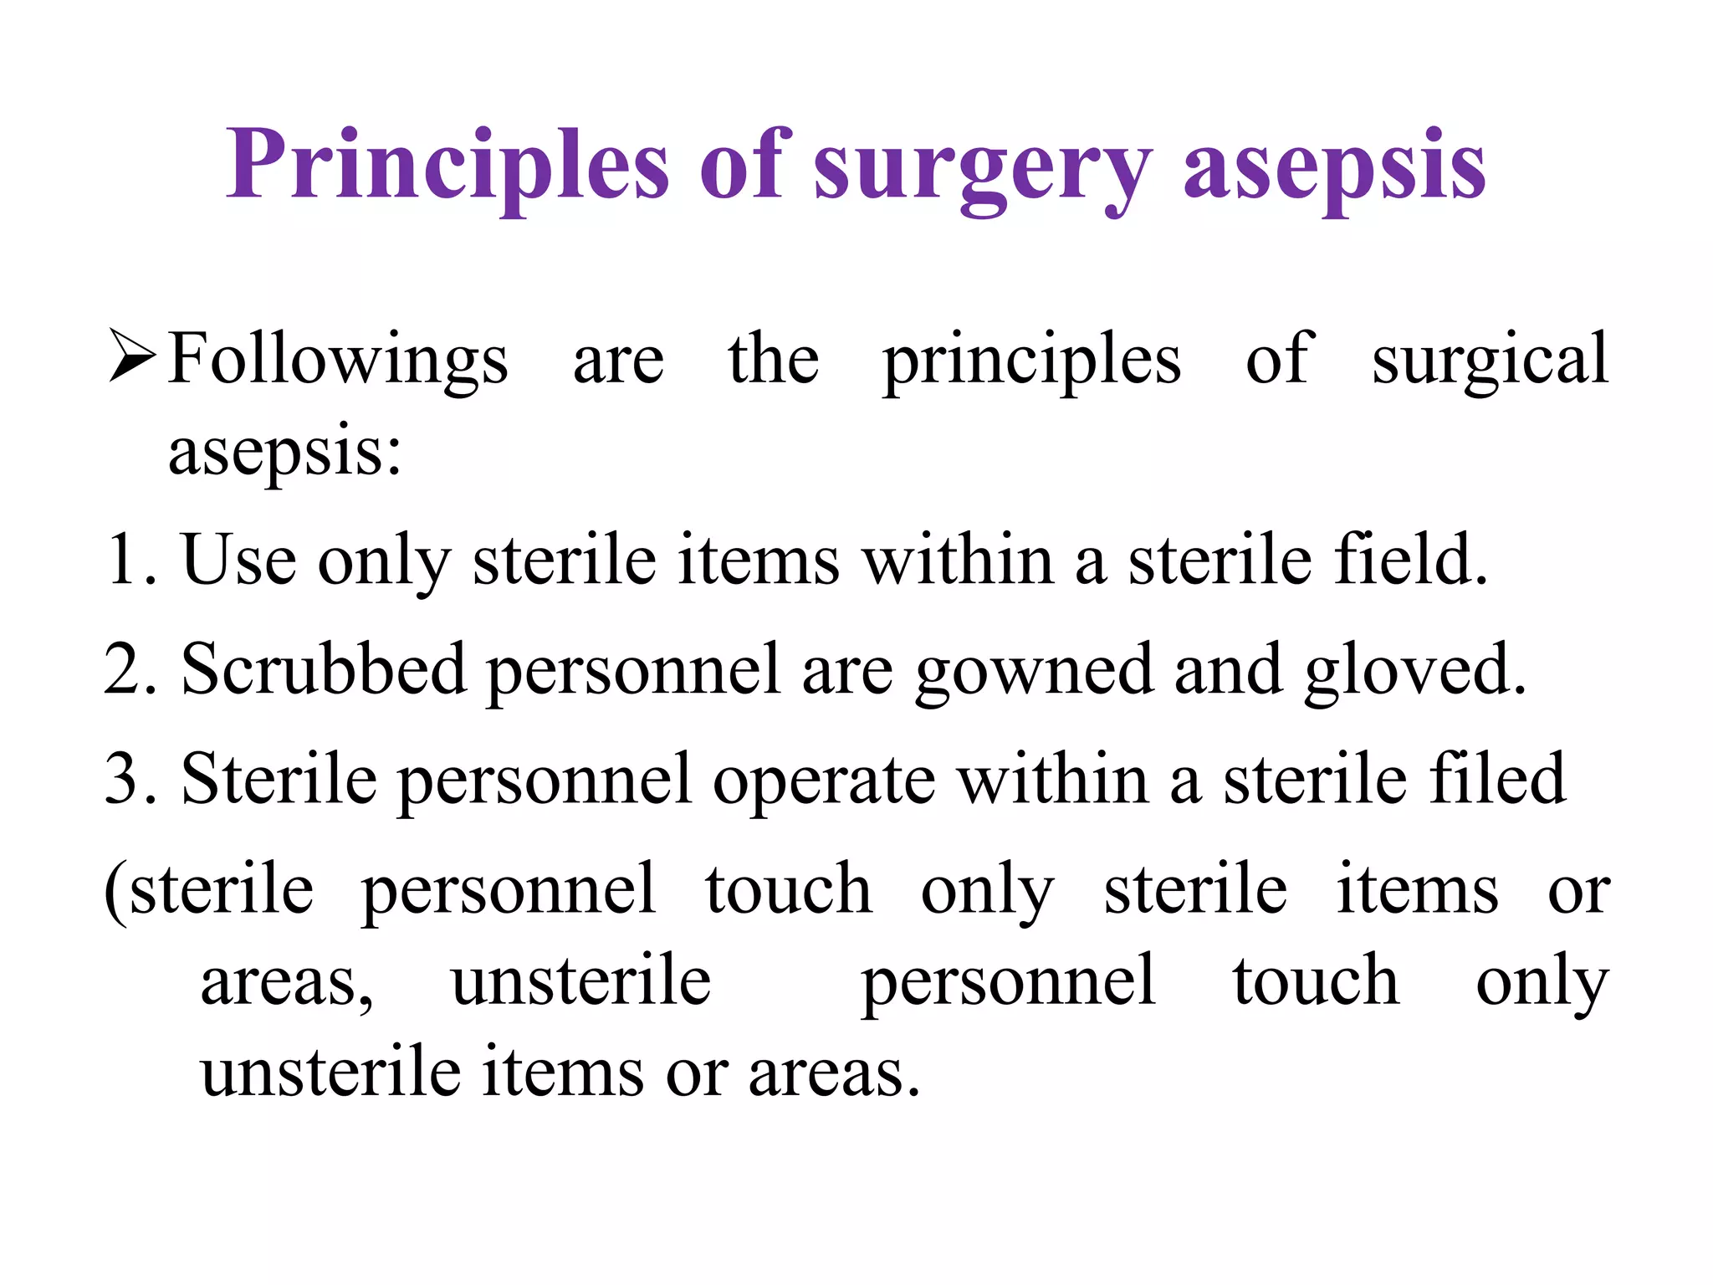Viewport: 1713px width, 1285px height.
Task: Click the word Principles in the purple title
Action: click(447, 165)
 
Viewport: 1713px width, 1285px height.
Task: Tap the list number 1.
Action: click(128, 559)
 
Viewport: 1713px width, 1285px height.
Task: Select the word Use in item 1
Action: click(238, 559)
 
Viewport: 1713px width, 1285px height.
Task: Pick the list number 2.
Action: click(128, 669)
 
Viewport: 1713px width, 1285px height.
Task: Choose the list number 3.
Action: click(128, 779)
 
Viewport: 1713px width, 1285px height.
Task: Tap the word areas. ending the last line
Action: click(834, 1074)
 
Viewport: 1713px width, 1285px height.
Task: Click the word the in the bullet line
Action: click(773, 358)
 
